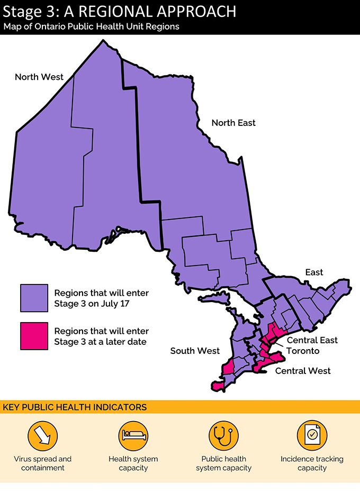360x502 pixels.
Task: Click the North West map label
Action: click(x=39, y=77)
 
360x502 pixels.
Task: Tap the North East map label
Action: click(x=233, y=123)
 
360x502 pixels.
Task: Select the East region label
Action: click(x=314, y=272)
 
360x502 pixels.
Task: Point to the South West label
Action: click(x=195, y=351)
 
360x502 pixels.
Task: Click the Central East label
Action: click(x=312, y=340)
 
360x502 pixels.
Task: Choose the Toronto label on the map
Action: click(x=303, y=351)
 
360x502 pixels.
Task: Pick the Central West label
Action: click(x=303, y=371)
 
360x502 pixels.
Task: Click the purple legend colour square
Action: click(x=34, y=298)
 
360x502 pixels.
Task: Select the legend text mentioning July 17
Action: click(x=102, y=298)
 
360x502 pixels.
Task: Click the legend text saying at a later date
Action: click(x=102, y=336)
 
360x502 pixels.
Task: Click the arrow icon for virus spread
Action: click(x=43, y=435)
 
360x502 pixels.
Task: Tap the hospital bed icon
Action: click(x=133, y=435)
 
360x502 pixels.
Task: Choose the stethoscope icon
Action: click(x=223, y=435)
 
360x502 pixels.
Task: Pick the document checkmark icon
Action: click(x=312, y=435)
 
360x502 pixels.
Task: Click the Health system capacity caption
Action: click(x=133, y=463)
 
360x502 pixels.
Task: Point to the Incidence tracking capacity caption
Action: click(x=312, y=463)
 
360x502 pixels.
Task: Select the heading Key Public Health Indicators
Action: click(x=75, y=407)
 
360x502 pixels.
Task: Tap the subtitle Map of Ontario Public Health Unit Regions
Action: click(x=92, y=26)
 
